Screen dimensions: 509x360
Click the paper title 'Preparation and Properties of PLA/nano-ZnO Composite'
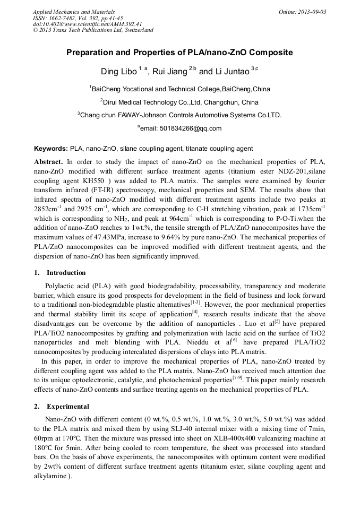pos(179,53)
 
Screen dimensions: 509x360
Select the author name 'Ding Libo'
pos(118,72)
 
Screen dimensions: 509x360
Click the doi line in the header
pos(87,24)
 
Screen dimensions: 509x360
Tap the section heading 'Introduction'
pos(66,273)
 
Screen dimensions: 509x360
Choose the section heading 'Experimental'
pos(67,407)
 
